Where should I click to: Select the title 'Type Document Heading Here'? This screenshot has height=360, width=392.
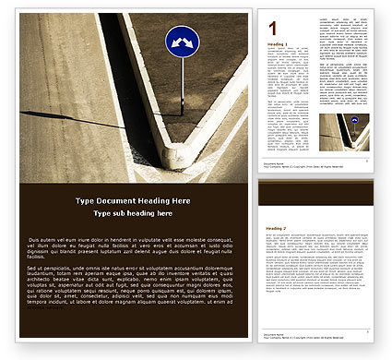point(133,201)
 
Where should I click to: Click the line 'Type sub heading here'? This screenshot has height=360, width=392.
point(133,213)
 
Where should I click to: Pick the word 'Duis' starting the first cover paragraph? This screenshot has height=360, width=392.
point(59,239)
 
